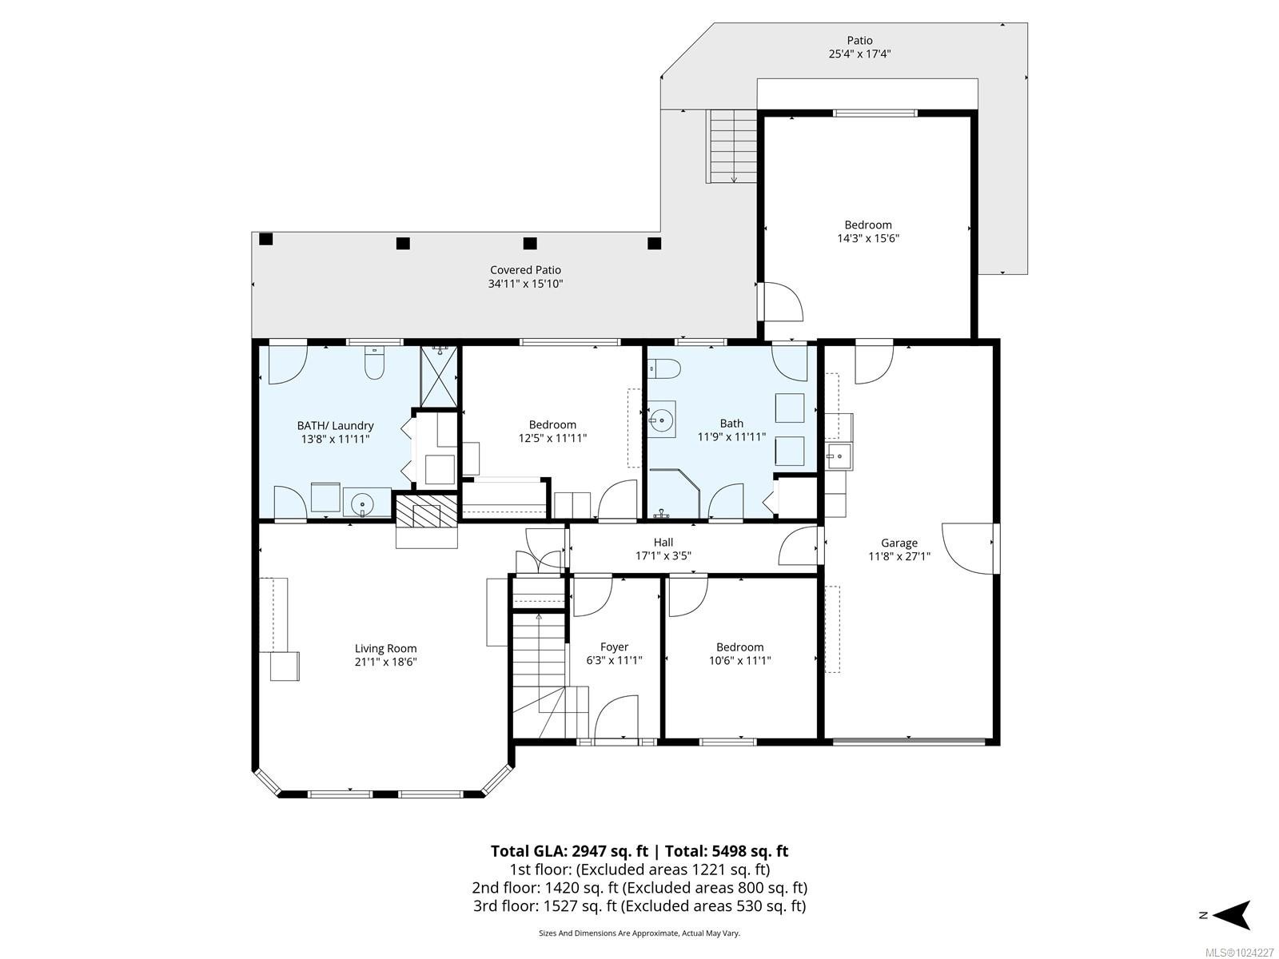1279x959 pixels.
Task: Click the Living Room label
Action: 385,649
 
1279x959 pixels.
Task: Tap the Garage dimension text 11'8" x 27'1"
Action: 899,557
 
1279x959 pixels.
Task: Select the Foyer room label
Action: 614,647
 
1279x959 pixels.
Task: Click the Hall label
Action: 663,543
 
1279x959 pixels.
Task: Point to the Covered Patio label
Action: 525,270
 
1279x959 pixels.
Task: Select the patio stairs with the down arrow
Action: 732,146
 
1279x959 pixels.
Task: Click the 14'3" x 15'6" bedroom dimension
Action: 867,238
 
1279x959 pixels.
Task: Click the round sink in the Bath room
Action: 661,419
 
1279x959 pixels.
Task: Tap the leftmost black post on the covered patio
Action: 266,239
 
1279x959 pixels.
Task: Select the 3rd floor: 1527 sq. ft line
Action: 639,905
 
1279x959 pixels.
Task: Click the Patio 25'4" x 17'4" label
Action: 859,47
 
